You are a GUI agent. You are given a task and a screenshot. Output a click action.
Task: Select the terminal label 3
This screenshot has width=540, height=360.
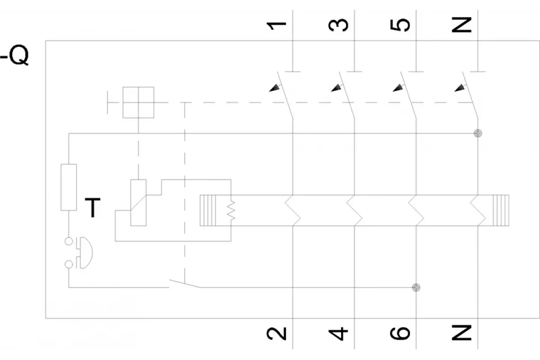coord(338,25)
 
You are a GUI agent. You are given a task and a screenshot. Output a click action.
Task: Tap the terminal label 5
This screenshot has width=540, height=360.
coord(400,25)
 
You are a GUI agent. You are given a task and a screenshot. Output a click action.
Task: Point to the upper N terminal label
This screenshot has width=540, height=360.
coord(461,25)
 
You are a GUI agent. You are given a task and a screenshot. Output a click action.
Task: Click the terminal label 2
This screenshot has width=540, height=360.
coord(276,334)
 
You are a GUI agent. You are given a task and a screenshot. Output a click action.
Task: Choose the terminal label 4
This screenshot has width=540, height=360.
coord(338,334)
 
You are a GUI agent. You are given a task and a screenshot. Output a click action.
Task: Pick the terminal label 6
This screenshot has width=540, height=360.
coord(400,333)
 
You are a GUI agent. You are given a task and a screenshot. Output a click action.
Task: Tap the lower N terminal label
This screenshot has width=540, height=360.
coord(461,333)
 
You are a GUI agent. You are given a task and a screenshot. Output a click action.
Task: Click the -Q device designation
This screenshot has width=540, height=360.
coord(14,55)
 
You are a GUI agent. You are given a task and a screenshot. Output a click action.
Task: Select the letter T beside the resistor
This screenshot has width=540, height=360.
coord(93,207)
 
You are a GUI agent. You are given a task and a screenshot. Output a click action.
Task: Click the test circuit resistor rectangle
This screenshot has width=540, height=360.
coord(69,187)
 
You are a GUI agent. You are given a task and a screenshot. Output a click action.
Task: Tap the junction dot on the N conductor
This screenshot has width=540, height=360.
coord(478,133)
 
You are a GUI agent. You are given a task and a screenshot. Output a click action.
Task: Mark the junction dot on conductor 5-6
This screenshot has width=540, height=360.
coord(416,288)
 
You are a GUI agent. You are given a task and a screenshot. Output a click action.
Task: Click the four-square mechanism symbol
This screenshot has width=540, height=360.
coord(139,103)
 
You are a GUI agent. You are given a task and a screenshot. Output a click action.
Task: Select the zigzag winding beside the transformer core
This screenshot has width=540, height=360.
coord(231,211)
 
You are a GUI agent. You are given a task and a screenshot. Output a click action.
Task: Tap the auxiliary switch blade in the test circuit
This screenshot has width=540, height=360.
coord(184,283)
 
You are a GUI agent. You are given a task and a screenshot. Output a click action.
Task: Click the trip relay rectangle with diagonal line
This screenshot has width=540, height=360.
coord(139,203)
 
